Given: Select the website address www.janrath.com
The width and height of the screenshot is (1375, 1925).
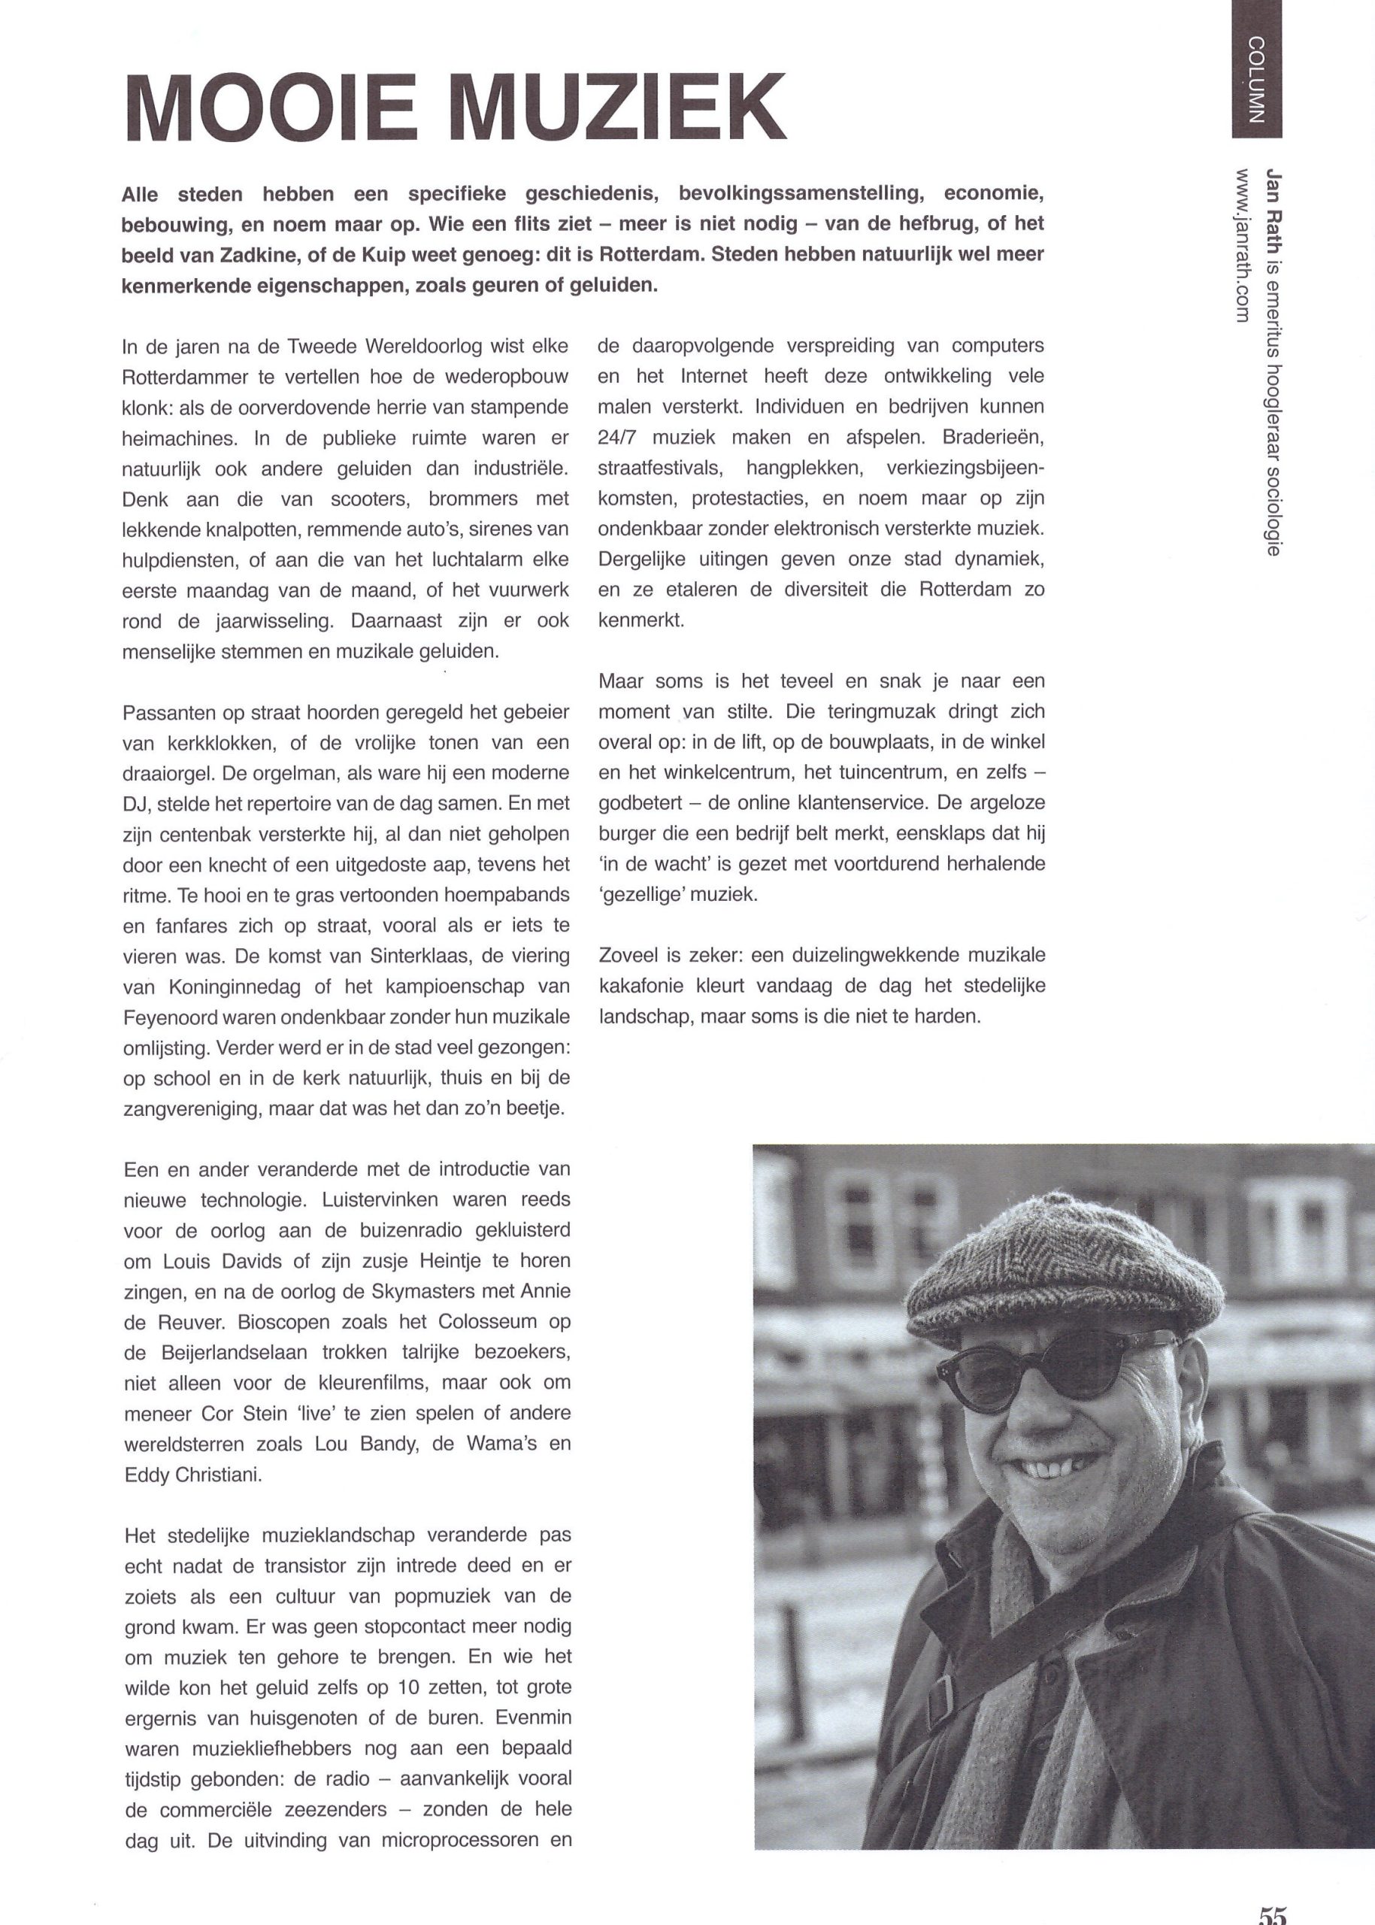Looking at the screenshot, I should (x=1243, y=246).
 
